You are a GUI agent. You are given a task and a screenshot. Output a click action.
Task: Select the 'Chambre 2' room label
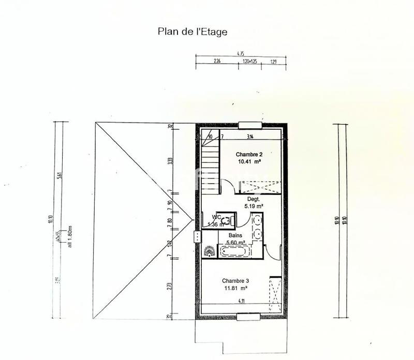249,154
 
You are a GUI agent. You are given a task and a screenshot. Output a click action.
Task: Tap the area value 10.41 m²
249,161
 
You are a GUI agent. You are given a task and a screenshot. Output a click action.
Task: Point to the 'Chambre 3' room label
229,280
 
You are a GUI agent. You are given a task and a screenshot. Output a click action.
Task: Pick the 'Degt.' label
253,199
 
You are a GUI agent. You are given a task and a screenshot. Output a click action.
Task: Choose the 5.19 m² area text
254,206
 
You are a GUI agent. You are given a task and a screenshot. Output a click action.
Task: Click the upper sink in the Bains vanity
258,221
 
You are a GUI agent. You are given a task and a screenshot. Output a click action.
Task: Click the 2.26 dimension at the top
217,62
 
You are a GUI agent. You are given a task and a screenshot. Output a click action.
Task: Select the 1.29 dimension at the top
274,62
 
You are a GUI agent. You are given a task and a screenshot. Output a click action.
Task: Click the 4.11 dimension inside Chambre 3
241,301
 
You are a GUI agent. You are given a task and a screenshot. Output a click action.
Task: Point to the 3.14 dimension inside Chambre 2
250,137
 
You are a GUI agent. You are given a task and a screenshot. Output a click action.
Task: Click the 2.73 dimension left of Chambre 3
170,286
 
